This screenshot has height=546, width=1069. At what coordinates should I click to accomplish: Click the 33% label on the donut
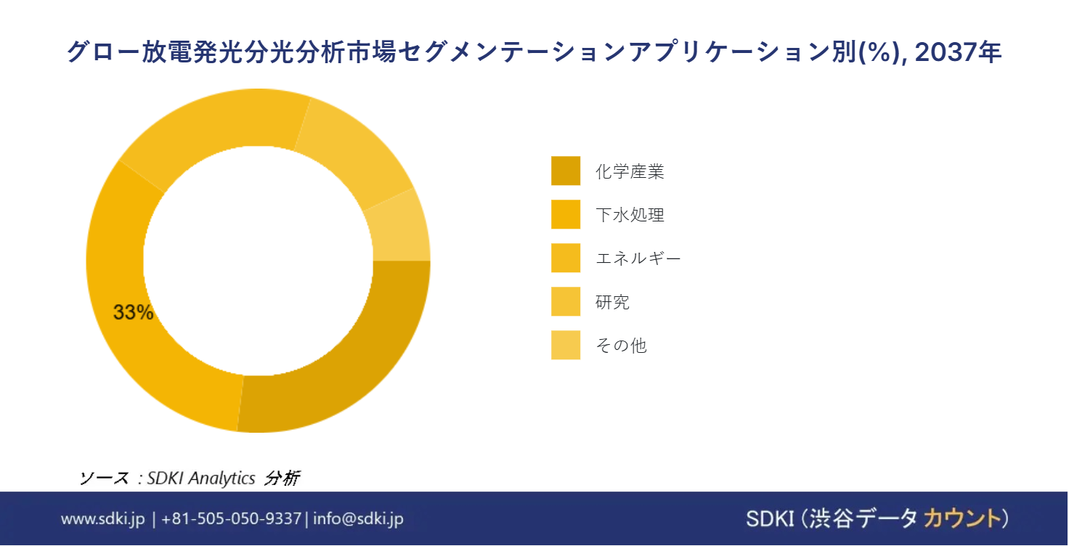tap(133, 312)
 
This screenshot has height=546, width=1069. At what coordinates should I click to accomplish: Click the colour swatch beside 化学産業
tap(566, 171)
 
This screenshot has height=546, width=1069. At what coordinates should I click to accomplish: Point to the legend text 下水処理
tap(630, 215)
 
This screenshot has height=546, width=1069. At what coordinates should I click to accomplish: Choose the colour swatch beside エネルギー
tap(566, 258)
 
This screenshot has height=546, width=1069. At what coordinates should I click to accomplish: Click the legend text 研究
tap(612, 301)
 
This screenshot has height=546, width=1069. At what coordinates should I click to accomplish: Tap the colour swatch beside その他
tap(566, 345)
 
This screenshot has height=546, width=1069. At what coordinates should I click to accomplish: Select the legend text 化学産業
tap(630, 171)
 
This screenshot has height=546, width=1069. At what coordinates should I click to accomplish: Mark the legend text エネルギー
tap(638, 258)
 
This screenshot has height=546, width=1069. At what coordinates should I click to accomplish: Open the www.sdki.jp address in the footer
tap(102, 519)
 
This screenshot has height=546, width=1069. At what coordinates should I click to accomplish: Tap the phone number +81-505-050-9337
tap(231, 519)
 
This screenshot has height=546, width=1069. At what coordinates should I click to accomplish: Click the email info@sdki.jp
tap(358, 519)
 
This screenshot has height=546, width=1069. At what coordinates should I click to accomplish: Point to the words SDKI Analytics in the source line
tap(201, 478)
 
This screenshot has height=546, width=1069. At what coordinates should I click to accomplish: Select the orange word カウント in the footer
tap(962, 519)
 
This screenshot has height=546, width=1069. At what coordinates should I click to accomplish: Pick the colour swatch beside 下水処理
tap(566, 214)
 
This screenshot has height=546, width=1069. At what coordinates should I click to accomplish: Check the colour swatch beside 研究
tap(566, 301)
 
